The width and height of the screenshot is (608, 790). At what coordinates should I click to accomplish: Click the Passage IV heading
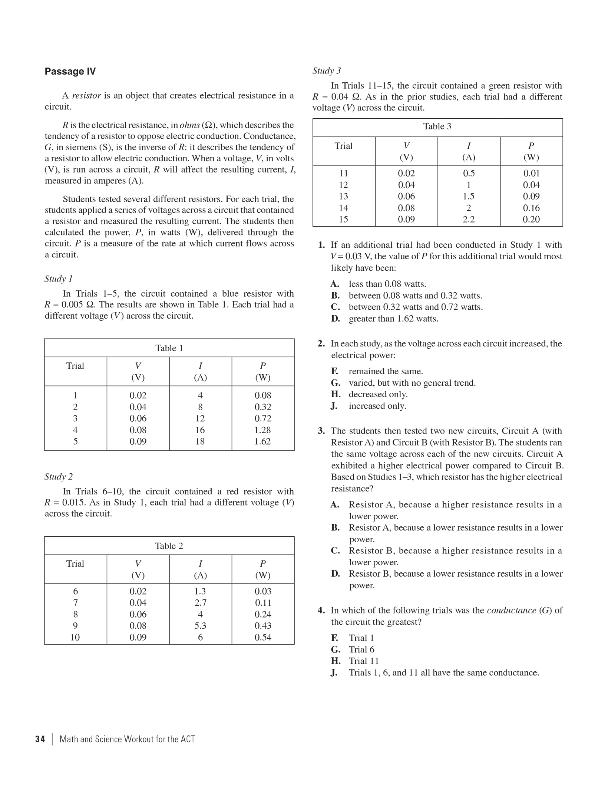(70, 72)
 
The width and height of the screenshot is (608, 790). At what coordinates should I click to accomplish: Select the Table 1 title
(169, 348)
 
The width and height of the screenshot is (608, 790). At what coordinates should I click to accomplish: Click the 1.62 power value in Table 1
(262, 441)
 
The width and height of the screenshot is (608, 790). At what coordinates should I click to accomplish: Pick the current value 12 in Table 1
(200, 418)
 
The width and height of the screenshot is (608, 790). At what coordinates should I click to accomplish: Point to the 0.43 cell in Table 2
(262, 626)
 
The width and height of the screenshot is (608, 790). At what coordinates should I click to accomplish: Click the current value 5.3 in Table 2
(200, 626)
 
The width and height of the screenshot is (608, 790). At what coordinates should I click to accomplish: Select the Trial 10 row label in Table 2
(75, 637)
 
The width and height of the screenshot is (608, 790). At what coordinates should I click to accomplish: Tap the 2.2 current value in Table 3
(469, 219)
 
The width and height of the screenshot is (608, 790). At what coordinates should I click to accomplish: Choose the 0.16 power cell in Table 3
(531, 208)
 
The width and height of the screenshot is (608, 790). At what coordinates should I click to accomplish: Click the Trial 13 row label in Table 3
(344, 196)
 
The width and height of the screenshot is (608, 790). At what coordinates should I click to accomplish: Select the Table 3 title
(437, 126)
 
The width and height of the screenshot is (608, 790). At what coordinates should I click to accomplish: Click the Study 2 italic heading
(59, 477)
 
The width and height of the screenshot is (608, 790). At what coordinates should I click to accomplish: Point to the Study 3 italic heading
(327, 71)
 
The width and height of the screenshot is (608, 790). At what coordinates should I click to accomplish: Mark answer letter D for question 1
(336, 319)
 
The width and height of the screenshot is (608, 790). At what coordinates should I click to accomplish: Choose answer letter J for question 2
(334, 406)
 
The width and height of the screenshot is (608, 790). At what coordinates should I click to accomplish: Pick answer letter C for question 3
(336, 551)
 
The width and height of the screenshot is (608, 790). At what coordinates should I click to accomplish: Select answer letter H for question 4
(336, 661)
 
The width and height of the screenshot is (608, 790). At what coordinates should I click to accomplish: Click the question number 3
(321, 431)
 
